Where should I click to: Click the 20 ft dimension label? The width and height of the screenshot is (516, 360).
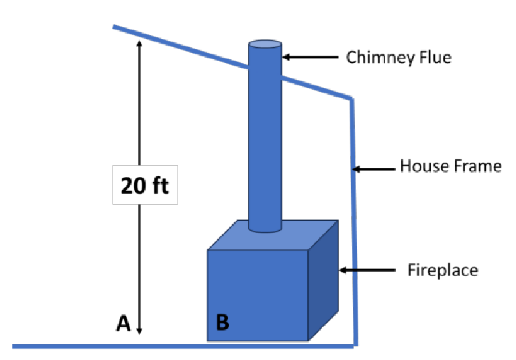(144, 185)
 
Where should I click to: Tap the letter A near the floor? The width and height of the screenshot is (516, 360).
(122, 324)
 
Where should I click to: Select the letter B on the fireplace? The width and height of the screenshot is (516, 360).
(223, 323)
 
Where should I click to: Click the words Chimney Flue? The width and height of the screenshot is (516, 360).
(399, 57)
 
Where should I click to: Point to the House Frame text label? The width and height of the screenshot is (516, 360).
(450, 165)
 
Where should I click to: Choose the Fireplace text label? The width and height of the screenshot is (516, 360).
(443, 270)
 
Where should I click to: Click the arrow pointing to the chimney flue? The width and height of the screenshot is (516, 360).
(309, 57)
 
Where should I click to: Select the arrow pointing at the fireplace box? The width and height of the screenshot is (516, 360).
(366, 270)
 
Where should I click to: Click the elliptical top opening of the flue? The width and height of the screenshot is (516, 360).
(265, 45)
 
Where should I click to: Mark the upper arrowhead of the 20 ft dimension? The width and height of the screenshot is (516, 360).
(140, 44)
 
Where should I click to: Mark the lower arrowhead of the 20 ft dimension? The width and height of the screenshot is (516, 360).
(140, 330)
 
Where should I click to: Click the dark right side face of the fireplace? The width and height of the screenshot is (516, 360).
(323, 282)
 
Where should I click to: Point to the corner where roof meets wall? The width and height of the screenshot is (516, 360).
(351, 99)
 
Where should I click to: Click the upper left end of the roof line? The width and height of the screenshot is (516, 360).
(115, 27)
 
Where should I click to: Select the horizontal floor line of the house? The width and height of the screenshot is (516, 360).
(181, 346)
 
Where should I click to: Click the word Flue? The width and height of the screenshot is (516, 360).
(436, 57)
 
